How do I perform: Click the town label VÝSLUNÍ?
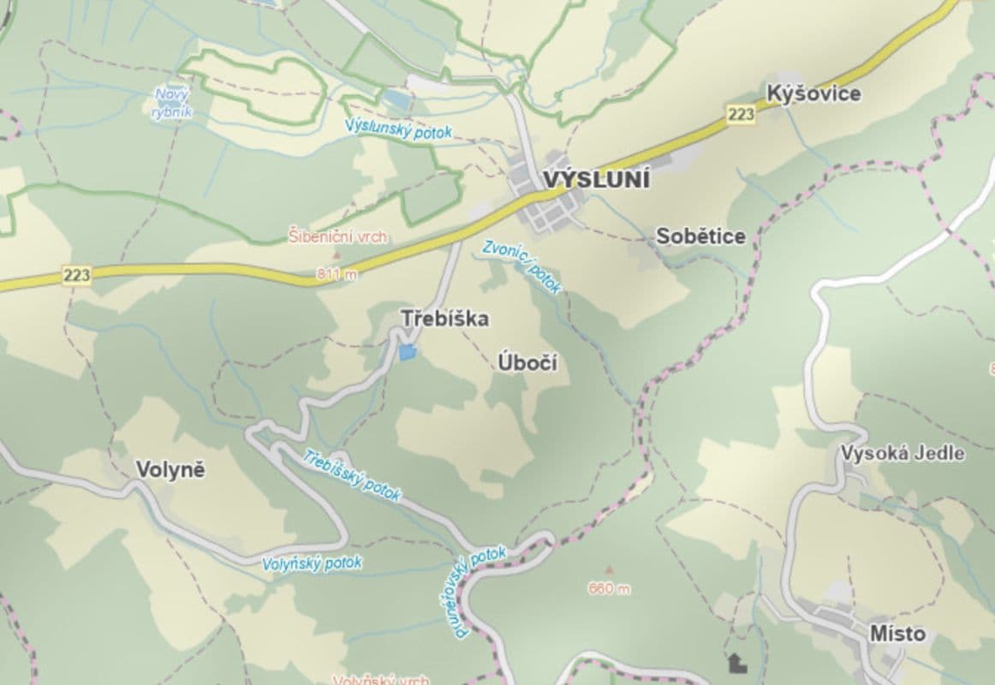coord(596,182)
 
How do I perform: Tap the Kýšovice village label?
coord(813,93)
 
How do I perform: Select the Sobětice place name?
coord(700,236)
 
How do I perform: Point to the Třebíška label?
coord(445,319)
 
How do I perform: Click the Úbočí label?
coord(527,364)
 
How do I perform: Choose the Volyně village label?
coord(171,469)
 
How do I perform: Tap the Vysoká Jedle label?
coord(903,453)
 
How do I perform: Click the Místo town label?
coord(897,634)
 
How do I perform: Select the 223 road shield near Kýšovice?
coord(741,114)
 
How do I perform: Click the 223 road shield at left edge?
coord(76,275)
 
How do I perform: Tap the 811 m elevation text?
coord(337,274)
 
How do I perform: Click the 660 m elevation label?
coord(609,588)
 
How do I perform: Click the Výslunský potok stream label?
coord(398,129)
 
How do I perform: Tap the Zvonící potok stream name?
coord(521,266)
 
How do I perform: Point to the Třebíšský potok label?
coord(352,474)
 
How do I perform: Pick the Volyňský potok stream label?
coord(312,563)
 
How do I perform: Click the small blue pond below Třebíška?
coord(408,351)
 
